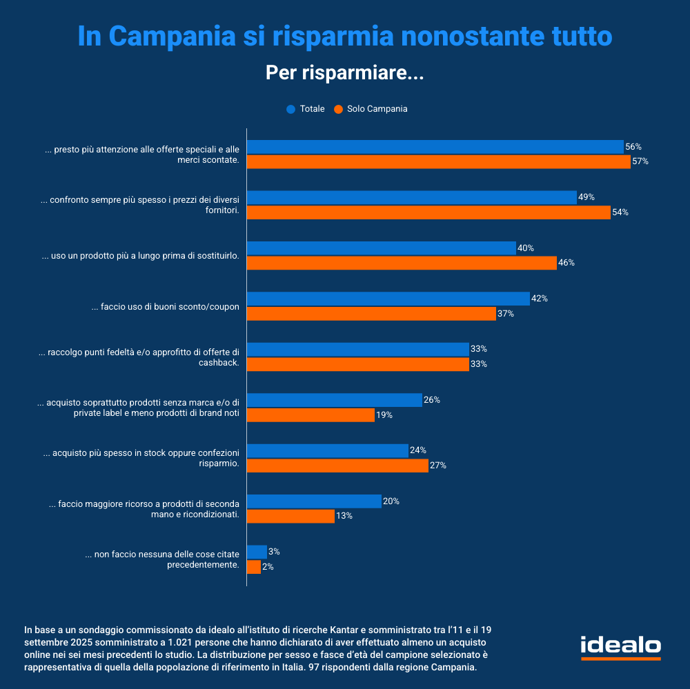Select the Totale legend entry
(x=306, y=109)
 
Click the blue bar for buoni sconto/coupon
(x=388, y=299)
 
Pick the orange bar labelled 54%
(x=428, y=212)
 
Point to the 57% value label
(x=640, y=162)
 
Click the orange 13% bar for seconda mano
(x=290, y=516)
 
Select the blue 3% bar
(x=257, y=552)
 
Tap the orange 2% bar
(x=253, y=567)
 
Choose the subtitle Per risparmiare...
(x=344, y=73)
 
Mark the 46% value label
(x=566, y=263)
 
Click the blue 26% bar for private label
(x=334, y=400)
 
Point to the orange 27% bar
(x=337, y=466)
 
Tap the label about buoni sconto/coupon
(x=166, y=307)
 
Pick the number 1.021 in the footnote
(x=186, y=641)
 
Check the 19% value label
(x=384, y=415)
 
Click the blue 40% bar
(x=381, y=248)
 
